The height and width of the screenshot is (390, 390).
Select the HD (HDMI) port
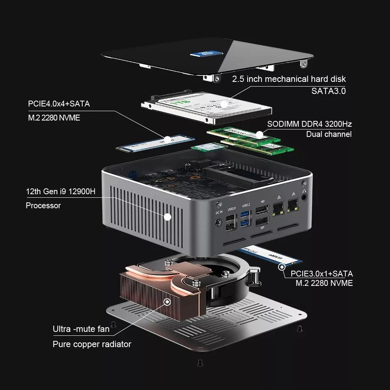[262, 212]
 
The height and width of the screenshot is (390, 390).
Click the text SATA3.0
[328, 91]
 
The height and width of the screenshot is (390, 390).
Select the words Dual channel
[328, 134]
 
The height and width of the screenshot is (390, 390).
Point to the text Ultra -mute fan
[81, 329]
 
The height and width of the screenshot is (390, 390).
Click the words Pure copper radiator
[92, 344]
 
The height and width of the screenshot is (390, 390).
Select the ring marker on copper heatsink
[167, 302]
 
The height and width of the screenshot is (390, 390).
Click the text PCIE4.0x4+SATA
[58, 104]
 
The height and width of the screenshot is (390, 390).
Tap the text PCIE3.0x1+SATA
[321, 274]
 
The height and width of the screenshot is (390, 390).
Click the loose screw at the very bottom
[200, 362]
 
